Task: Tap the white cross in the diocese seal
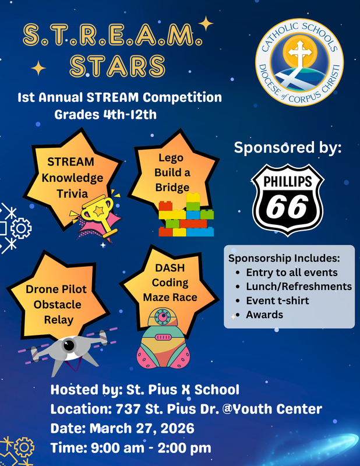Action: tap(299, 55)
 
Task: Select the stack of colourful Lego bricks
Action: tap(187, 217)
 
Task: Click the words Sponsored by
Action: tap(288, 147)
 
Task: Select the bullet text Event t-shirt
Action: tap(277, 301)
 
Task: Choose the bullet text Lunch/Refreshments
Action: tap(299, 286)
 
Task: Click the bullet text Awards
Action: tap(264, 315)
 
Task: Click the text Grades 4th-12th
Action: tap(105, 114)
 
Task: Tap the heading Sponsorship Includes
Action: tap(284, 258)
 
